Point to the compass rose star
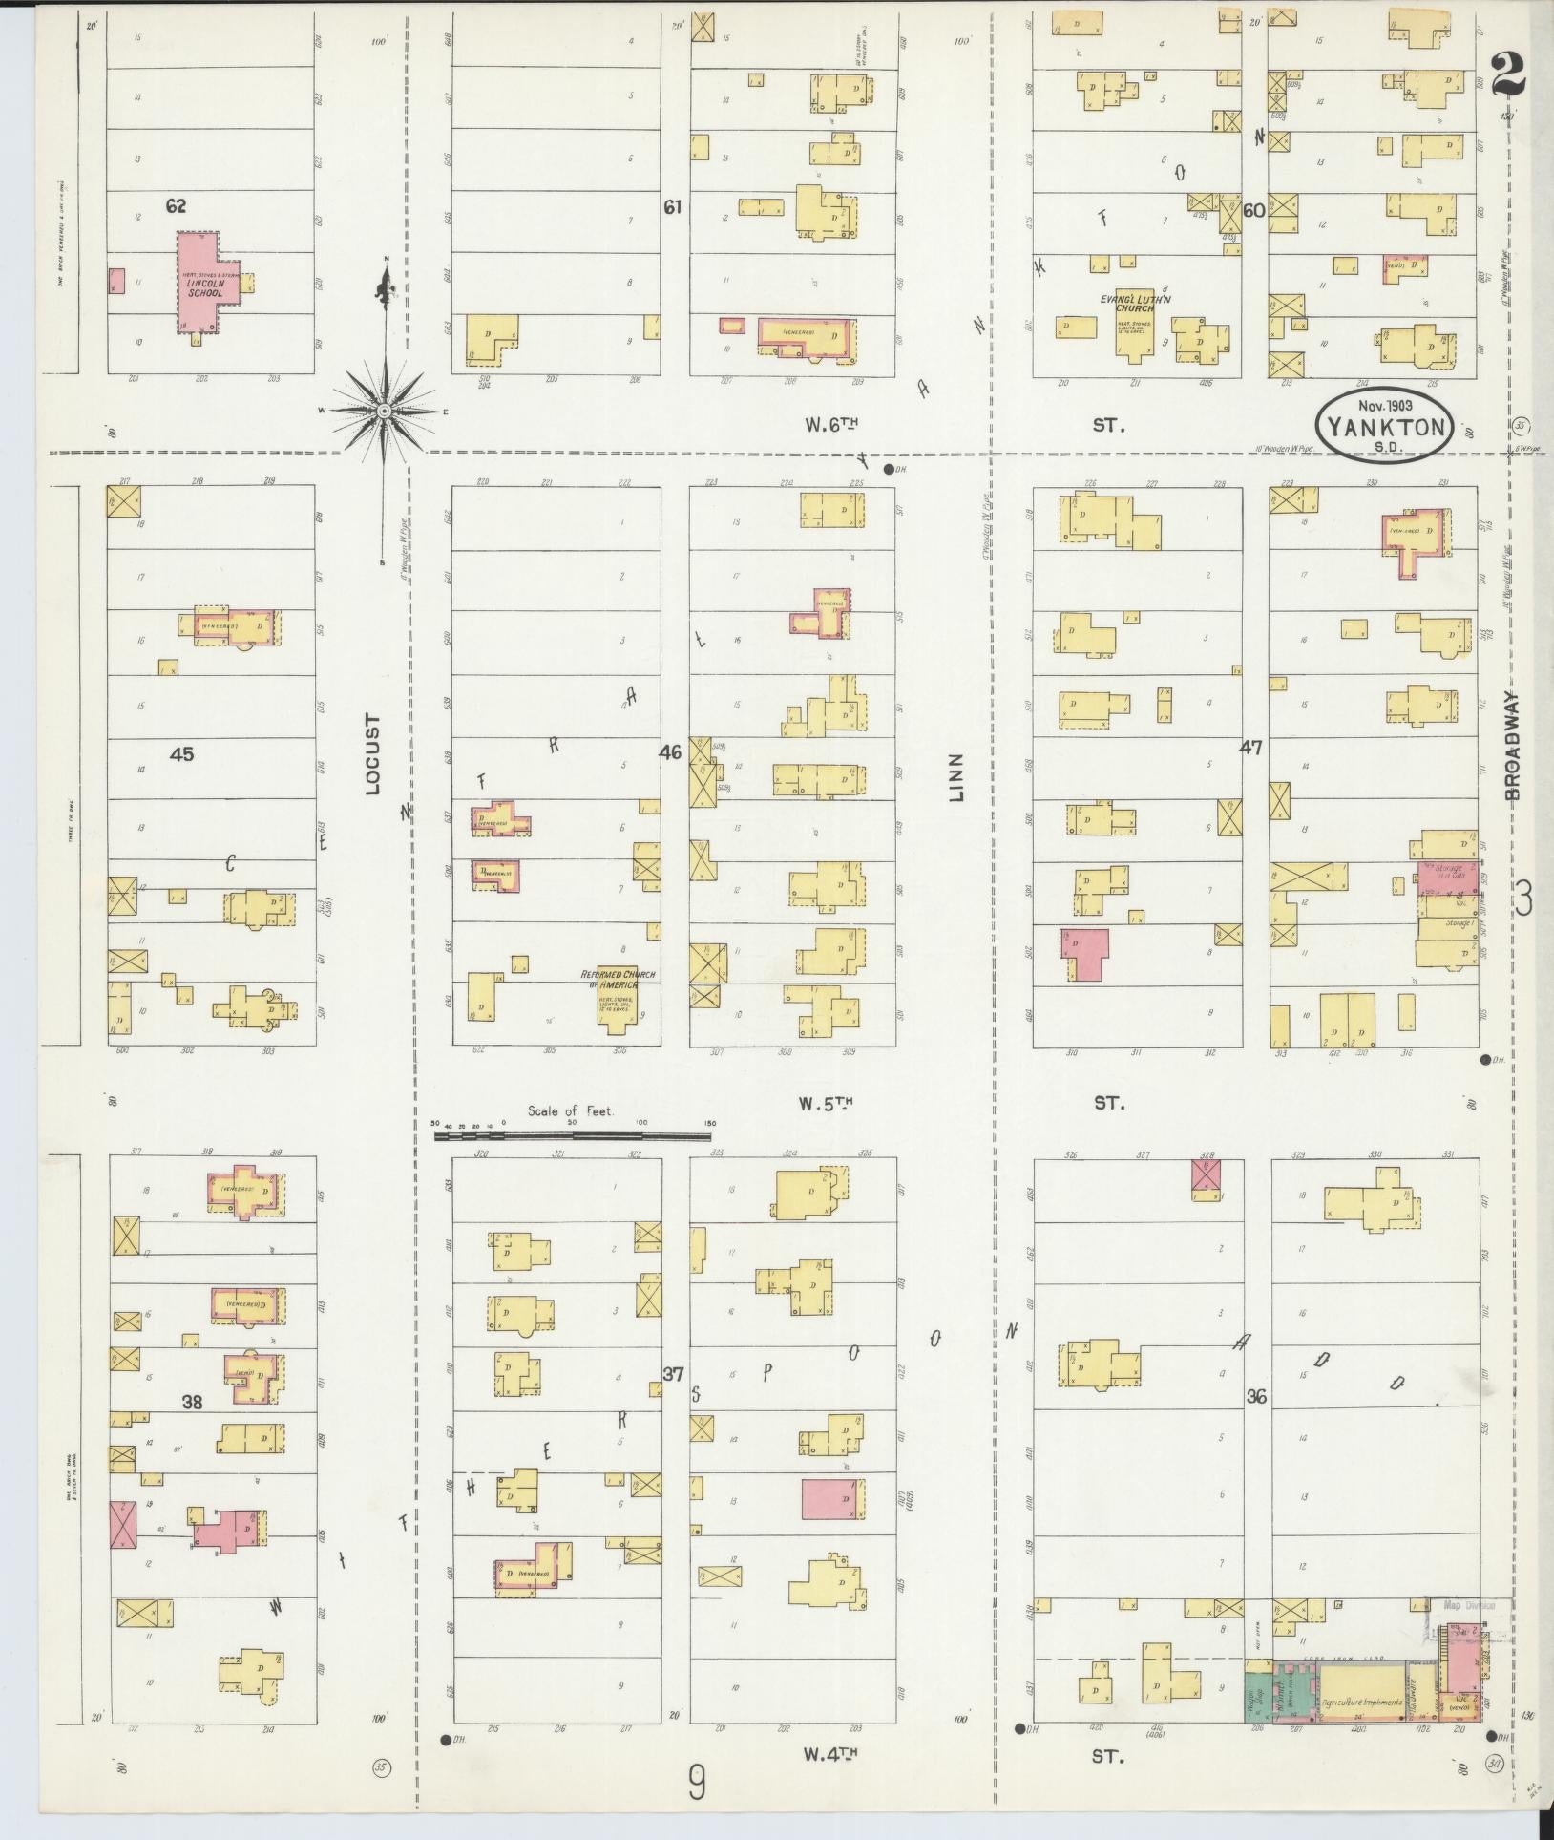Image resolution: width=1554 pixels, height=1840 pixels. tap(383, 411)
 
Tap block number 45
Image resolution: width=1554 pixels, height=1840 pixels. tap(181, 754)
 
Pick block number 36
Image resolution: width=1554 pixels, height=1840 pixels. tap(1256, 1396)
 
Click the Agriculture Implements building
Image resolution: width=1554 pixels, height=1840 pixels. tap(1360, 1702)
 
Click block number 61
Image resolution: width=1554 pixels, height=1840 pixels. tap(673, 205)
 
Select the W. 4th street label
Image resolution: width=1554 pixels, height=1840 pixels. tap(827, 1753)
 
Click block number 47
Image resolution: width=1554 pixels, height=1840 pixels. tap(1251, 748)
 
